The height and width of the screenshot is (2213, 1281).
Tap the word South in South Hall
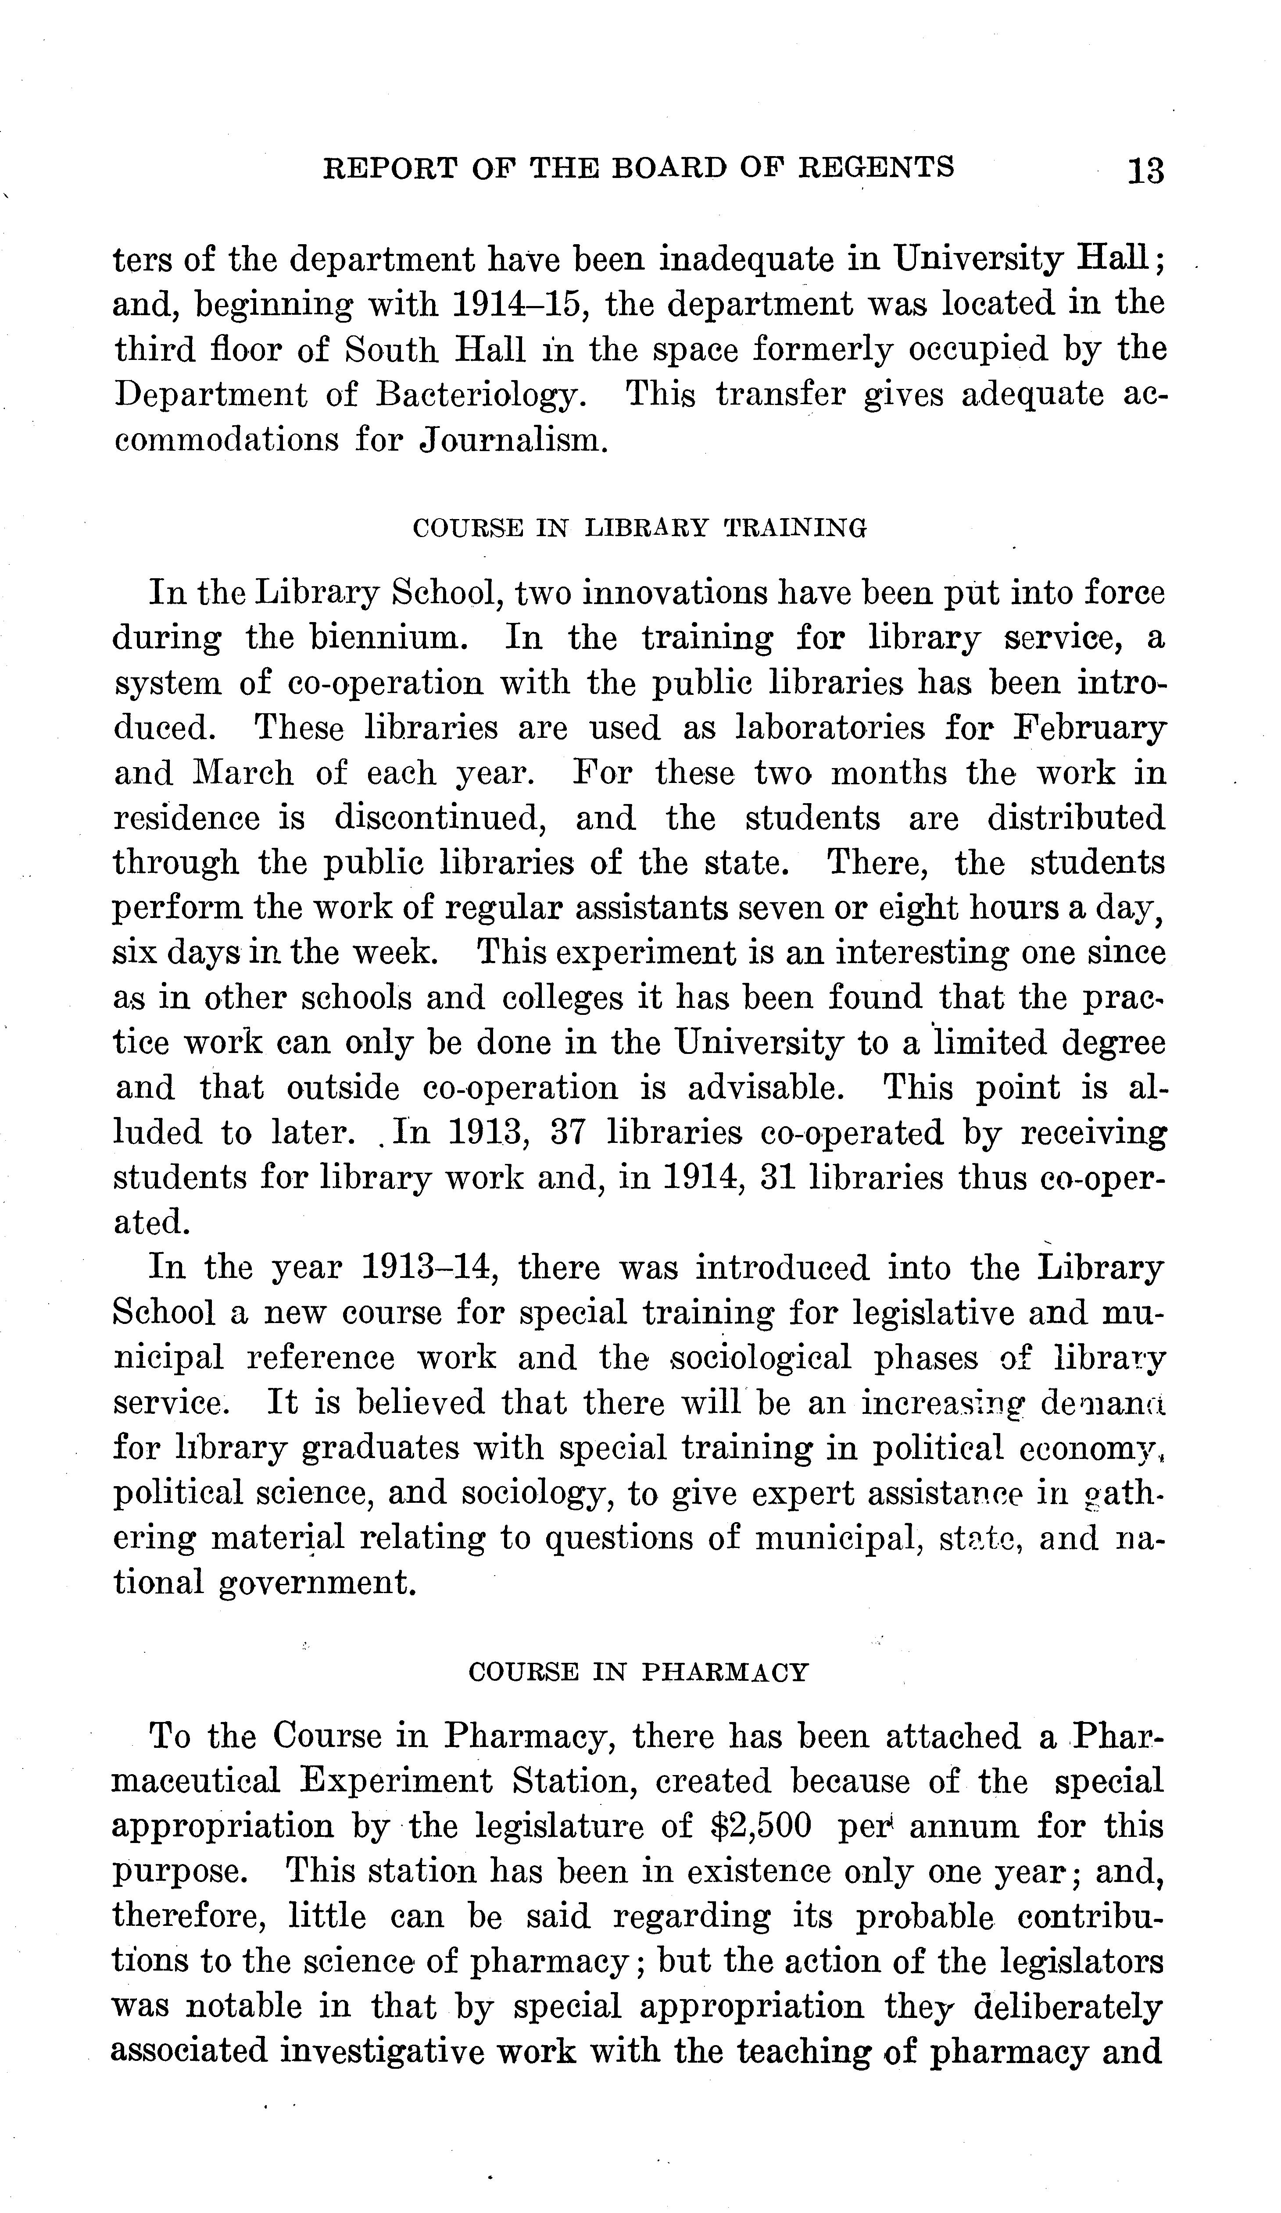(391, 349)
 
